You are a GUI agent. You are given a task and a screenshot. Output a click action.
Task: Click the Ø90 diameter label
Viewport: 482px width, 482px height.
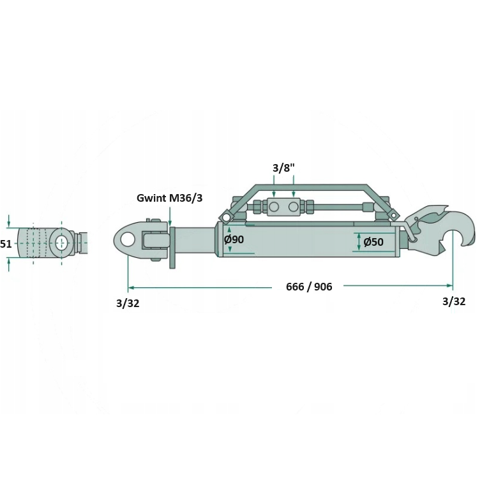click(x=234, y=239)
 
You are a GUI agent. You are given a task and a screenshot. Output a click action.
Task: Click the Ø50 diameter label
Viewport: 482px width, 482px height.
click(x=373, y=242)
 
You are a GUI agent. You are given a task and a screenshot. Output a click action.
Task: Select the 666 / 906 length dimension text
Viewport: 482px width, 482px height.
click(x=309, y=287)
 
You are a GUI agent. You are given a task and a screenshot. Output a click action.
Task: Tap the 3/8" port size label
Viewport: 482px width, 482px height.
click(x=283, y=168)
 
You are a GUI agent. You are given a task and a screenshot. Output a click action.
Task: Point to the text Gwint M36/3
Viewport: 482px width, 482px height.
click(x=170, y=198)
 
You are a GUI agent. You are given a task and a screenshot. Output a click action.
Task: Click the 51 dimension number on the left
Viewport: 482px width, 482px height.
click(x=6, y=244)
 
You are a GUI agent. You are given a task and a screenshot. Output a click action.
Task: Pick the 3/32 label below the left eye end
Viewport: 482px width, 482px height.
click(x=128, y=303)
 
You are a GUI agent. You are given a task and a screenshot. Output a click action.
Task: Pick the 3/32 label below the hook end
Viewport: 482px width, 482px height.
click(x=454, y=301)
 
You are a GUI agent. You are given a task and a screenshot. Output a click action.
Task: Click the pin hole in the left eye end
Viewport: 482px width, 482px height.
click(x=126, y=239)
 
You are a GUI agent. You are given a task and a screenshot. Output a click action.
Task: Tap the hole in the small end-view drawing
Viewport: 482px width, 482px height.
click(x=62, y=243)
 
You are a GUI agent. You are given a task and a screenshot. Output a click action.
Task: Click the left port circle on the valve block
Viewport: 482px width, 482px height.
click(x=274, y=207)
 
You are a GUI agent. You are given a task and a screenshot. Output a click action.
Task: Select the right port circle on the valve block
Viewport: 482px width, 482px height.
click(x=293, y=207)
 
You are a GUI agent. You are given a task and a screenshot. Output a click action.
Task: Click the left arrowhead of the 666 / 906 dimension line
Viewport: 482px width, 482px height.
click(x=132, y=288)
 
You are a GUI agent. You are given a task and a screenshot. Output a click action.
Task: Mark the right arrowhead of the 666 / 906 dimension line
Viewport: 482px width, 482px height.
click(x=449, y=285)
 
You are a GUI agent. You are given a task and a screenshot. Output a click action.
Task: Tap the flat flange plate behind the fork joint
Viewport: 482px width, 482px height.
click(x=172, y=248)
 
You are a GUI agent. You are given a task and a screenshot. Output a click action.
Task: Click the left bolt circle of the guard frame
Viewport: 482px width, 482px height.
click(x=226, y=217)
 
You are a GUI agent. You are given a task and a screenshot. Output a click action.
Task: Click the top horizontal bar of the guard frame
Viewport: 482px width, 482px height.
click(x=311, y=186)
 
